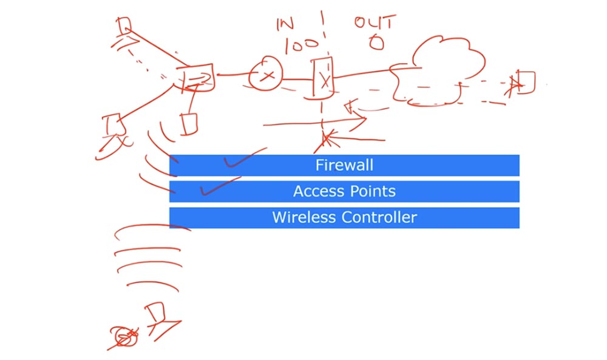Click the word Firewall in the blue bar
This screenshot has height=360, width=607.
(344, 165)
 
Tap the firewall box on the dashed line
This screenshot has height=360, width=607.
(322, 78)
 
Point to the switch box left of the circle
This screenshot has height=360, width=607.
(195, 78)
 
